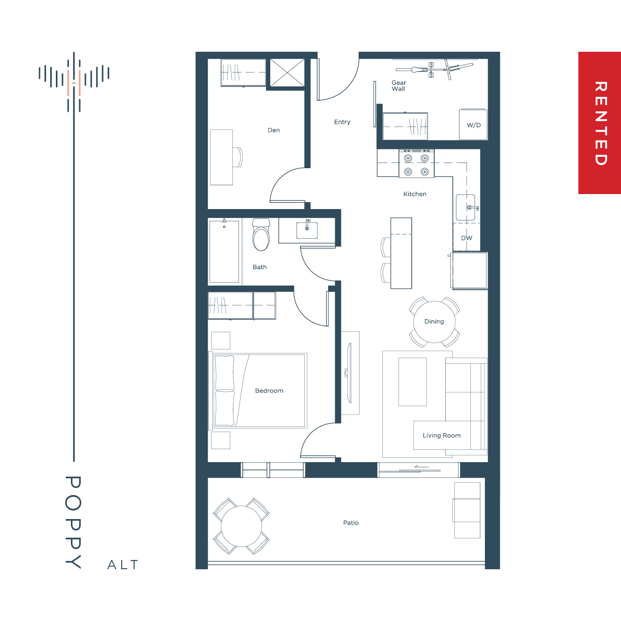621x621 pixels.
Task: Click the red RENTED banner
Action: pyautogui.click(x=599, y=123)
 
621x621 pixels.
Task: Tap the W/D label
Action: pyautogui.click(x=474, y=125)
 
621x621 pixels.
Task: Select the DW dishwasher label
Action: pyautogui.click(x=466, y=238)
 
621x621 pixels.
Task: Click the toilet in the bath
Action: pyautogui.click(x=261, y=234)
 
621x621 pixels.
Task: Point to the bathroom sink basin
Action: pyautogui.click(x=307, y=230)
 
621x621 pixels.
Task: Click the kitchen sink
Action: pyautogui.click(x=466, y=207)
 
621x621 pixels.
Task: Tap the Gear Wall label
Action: pyautogui.click(x=398, y=86)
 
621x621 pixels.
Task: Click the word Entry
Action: pyautogui.click(x=342, y=122)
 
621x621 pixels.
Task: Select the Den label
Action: pyautogui.click(x=274, y=130)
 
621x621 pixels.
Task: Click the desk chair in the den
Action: pyautogui.click(x=238, y=157)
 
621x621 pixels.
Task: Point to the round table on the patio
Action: pyautogui.click(x=241, y=526)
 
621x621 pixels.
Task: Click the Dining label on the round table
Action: pyautogui.click(x=434, y=321)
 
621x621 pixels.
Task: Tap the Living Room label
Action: pyautogui.click(x=441, y=435)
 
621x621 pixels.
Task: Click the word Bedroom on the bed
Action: pyautogui.click(x=269, y=391)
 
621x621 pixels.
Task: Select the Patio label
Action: pyautogui.click(x=351, y=523)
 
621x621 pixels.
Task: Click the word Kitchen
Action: pyautogui.click(x=415, y=194)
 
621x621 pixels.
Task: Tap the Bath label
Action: pyautogui.click(x=259, y=267)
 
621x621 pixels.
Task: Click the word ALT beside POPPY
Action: pyautogui.click(x=123, y=565)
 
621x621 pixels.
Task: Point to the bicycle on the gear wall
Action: pyautogui.click(x=434, y=69)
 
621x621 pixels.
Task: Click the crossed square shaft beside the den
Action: pyautogui.click(x=287, y=73)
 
